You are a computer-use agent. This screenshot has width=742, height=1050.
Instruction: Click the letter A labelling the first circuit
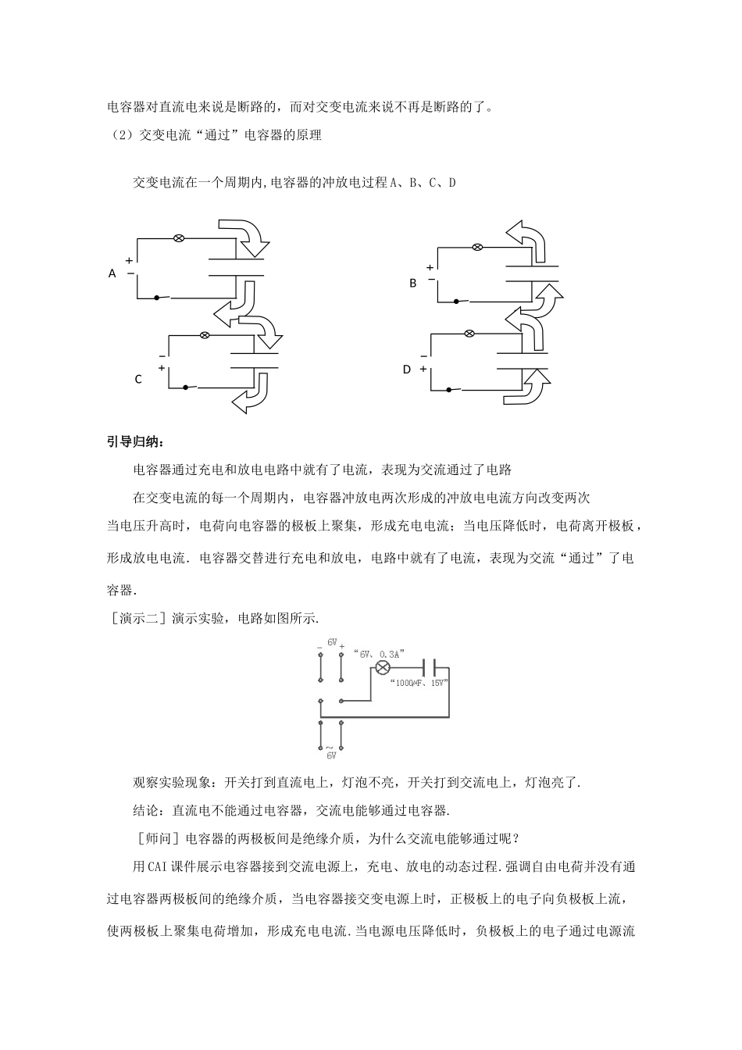[112, 273]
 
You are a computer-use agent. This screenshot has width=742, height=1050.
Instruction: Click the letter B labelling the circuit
[413, 284]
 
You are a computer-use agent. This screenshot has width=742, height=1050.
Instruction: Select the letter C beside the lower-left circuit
[138, 380]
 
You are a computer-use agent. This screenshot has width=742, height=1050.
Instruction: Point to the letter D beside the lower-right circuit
[406, 370]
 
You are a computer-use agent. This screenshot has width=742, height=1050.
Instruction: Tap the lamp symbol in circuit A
[178, 237]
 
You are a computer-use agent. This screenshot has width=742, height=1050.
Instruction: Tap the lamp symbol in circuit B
[478, 248]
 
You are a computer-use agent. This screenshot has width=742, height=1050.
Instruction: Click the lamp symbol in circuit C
[205, 335]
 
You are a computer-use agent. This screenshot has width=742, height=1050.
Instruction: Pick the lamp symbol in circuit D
[469, 334]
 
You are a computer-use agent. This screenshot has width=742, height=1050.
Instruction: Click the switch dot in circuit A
[157, 298]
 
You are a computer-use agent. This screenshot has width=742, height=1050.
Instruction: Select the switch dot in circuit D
[448, 388]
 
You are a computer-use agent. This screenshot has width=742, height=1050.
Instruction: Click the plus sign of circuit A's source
[129, 261]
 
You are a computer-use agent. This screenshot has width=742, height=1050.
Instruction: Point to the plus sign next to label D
[423, 369]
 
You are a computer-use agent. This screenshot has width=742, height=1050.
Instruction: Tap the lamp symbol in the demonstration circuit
[382, 667]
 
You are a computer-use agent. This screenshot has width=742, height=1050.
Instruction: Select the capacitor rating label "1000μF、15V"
[418, 683]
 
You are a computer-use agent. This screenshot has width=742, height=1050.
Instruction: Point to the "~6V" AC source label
[330, 751]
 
